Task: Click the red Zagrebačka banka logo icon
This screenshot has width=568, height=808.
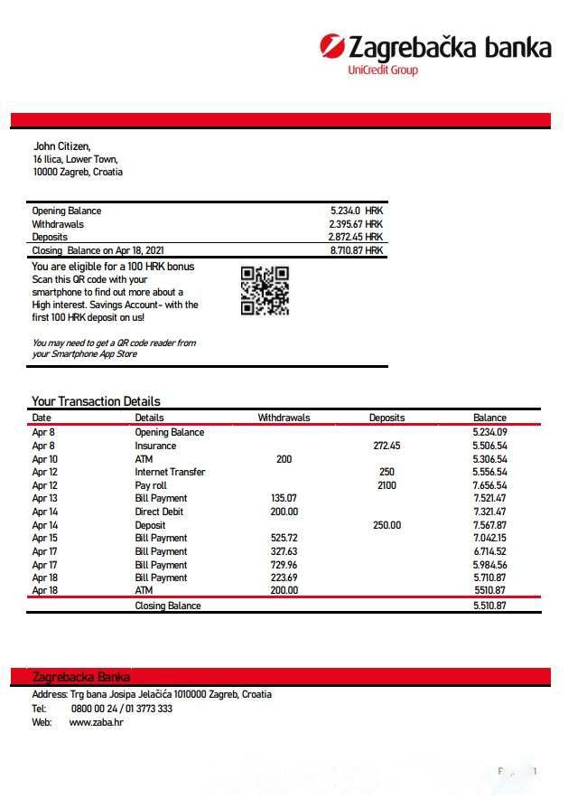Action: pos(331,46)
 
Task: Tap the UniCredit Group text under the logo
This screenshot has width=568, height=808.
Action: pos(383,70)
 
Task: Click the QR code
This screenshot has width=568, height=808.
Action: pos(265,290)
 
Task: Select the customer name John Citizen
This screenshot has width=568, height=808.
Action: pos(62,146)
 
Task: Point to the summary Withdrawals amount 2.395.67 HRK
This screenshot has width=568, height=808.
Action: pos(356,224)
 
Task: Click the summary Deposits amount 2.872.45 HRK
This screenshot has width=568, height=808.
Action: pos(356,237)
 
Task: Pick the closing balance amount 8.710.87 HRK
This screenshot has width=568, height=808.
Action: pos(356,250)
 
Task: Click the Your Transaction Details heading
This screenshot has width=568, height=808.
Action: pos(96,401)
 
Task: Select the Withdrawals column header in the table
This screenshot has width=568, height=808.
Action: pos(284,418)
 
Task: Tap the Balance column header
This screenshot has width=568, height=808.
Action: pos(489,418)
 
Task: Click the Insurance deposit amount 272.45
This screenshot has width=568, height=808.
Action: pos(386,446)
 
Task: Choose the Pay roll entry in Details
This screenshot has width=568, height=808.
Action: pos(151,485)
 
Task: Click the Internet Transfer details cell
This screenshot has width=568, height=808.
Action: pos(170,472)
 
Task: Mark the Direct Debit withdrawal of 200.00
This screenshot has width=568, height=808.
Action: pos(284,512)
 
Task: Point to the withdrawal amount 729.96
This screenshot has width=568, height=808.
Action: pos(284,564)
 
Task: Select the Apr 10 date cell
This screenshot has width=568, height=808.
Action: pos(44,459)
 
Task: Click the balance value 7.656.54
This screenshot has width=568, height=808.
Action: pos(489,485)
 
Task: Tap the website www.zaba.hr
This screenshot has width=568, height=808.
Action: pos(96,723)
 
